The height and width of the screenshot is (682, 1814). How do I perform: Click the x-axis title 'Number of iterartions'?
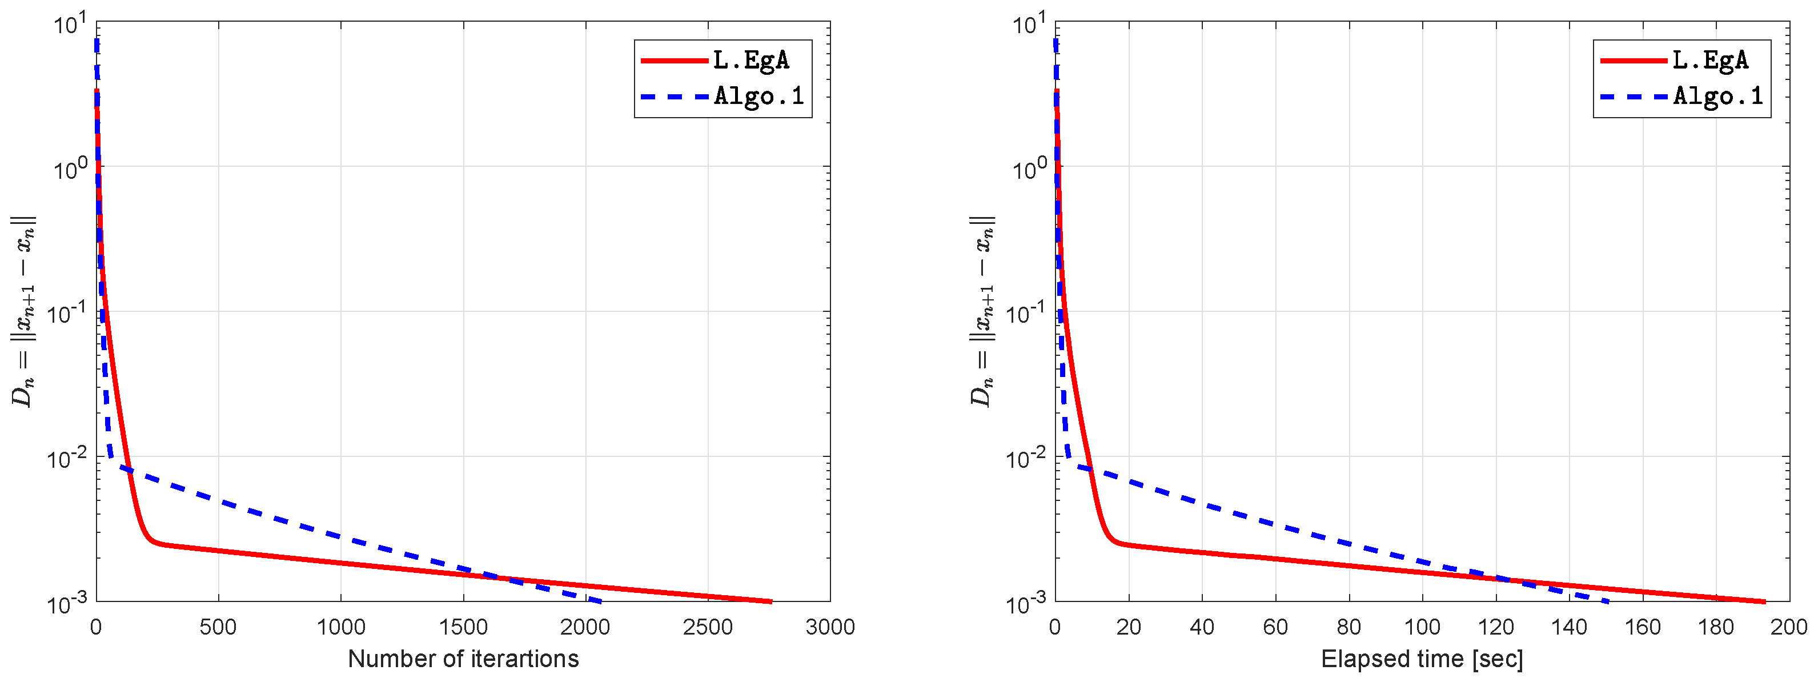463,659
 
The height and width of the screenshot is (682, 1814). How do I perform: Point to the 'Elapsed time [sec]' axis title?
1422,659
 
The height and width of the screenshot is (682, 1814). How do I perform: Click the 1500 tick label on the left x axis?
463,627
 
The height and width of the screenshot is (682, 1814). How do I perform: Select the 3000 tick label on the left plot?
830,627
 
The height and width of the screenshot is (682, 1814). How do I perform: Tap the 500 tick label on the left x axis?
218,627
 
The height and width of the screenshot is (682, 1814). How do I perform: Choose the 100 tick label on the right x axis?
1422,627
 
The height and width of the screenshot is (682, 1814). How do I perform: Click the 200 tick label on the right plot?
1789,627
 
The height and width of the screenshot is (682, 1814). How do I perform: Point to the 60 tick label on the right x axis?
1275,627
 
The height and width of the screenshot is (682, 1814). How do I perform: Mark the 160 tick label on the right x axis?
1642,627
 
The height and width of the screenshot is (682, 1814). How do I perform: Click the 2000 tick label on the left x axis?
586,627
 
